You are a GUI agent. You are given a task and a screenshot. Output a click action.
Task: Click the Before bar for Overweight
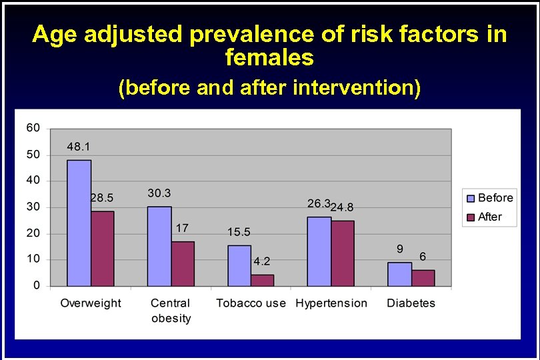click(x=79, y=223)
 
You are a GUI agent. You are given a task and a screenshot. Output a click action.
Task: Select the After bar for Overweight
click(x=103, y=249)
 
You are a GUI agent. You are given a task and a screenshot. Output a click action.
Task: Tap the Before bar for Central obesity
click(x=159, y=246)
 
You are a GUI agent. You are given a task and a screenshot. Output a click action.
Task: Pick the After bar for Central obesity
click(x=183, y=264)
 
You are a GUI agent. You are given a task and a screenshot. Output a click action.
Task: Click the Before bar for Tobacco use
click(x=239, y=265)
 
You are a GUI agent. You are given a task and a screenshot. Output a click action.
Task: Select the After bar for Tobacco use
click(x=263, y=281)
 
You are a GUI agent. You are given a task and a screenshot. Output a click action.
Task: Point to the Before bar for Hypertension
click(x=319, y=251)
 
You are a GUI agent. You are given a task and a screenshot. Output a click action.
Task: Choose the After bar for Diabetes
click(x=423, y=278)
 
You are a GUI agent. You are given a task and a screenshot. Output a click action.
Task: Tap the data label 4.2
click(x=261, y=261)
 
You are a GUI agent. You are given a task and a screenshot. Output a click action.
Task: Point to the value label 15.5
click(x=239, y=232)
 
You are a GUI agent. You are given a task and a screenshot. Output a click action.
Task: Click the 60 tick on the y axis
click(x=33, y=127)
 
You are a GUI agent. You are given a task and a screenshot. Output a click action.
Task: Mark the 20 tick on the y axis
click(x=33, y=233)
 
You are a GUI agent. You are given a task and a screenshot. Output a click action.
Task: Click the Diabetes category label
click(x=411, y=303)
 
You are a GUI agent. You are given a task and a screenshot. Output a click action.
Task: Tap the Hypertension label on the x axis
click(x=331, y=303)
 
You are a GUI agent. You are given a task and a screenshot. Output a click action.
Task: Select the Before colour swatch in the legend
click(x=471, y=198)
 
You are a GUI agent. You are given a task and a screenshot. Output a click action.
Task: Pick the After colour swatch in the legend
click(x=471, y=217)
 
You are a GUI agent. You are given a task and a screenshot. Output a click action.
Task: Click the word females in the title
click(x=269, y=58)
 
